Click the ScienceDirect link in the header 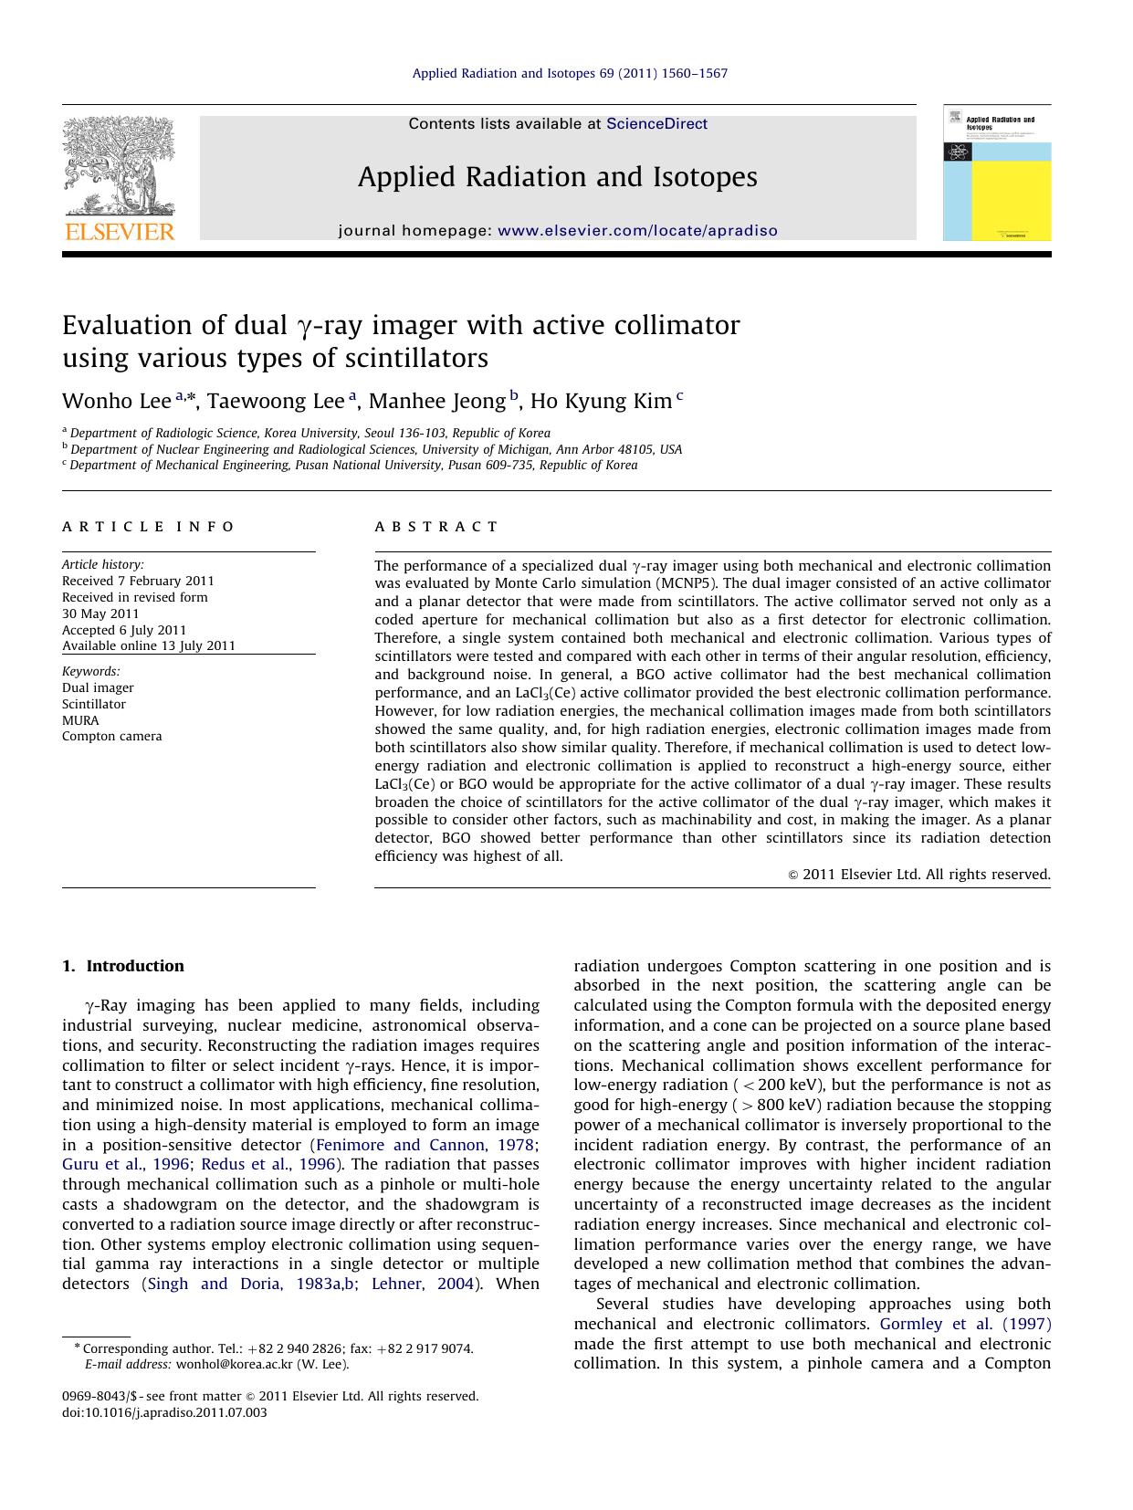[656, 124]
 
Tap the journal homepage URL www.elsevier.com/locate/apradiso [637, 231]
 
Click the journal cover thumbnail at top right [996, 173]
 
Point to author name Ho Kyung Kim [601, 402]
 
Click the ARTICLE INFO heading [148, 527]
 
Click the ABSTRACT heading [435, 527]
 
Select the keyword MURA [80, 720]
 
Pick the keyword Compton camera [111, 737]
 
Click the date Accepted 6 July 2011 [124, 630]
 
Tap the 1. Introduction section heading [122, 966]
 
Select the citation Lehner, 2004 [423, 1284]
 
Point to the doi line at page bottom [164, 1412]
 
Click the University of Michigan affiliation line [375, 449]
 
